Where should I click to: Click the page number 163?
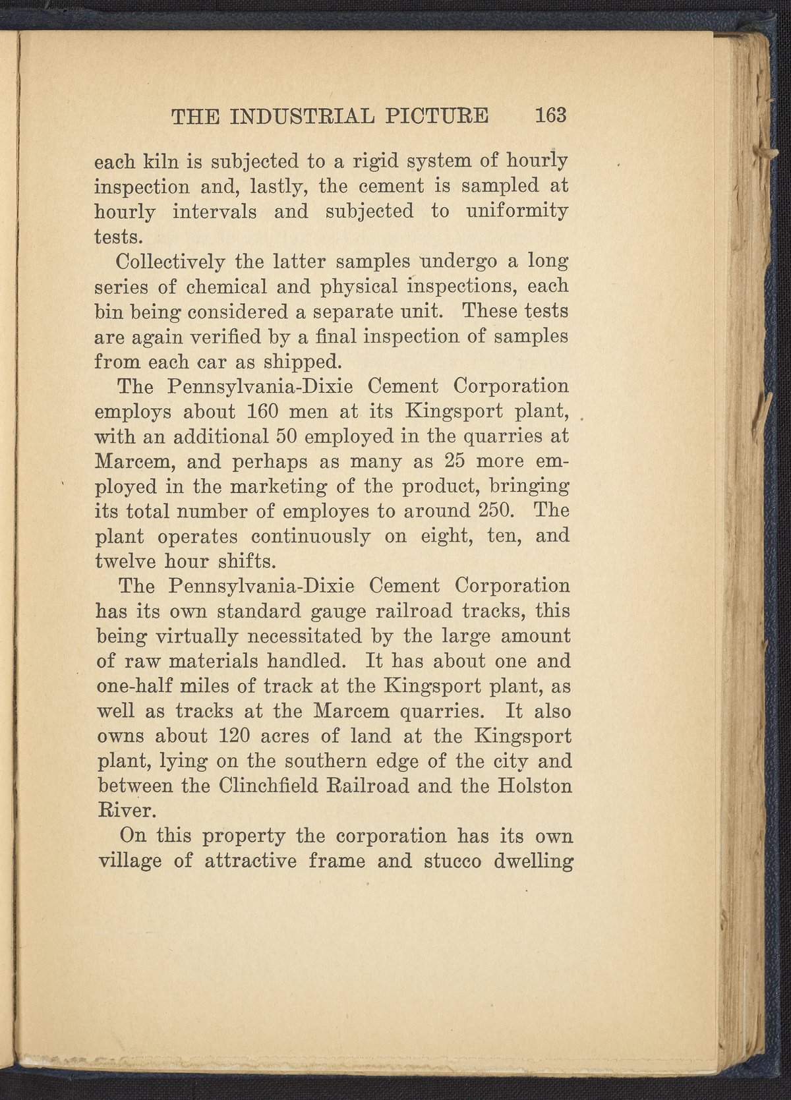click(x=551, y=115)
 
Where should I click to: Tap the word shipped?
click(x=303, y=361)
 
